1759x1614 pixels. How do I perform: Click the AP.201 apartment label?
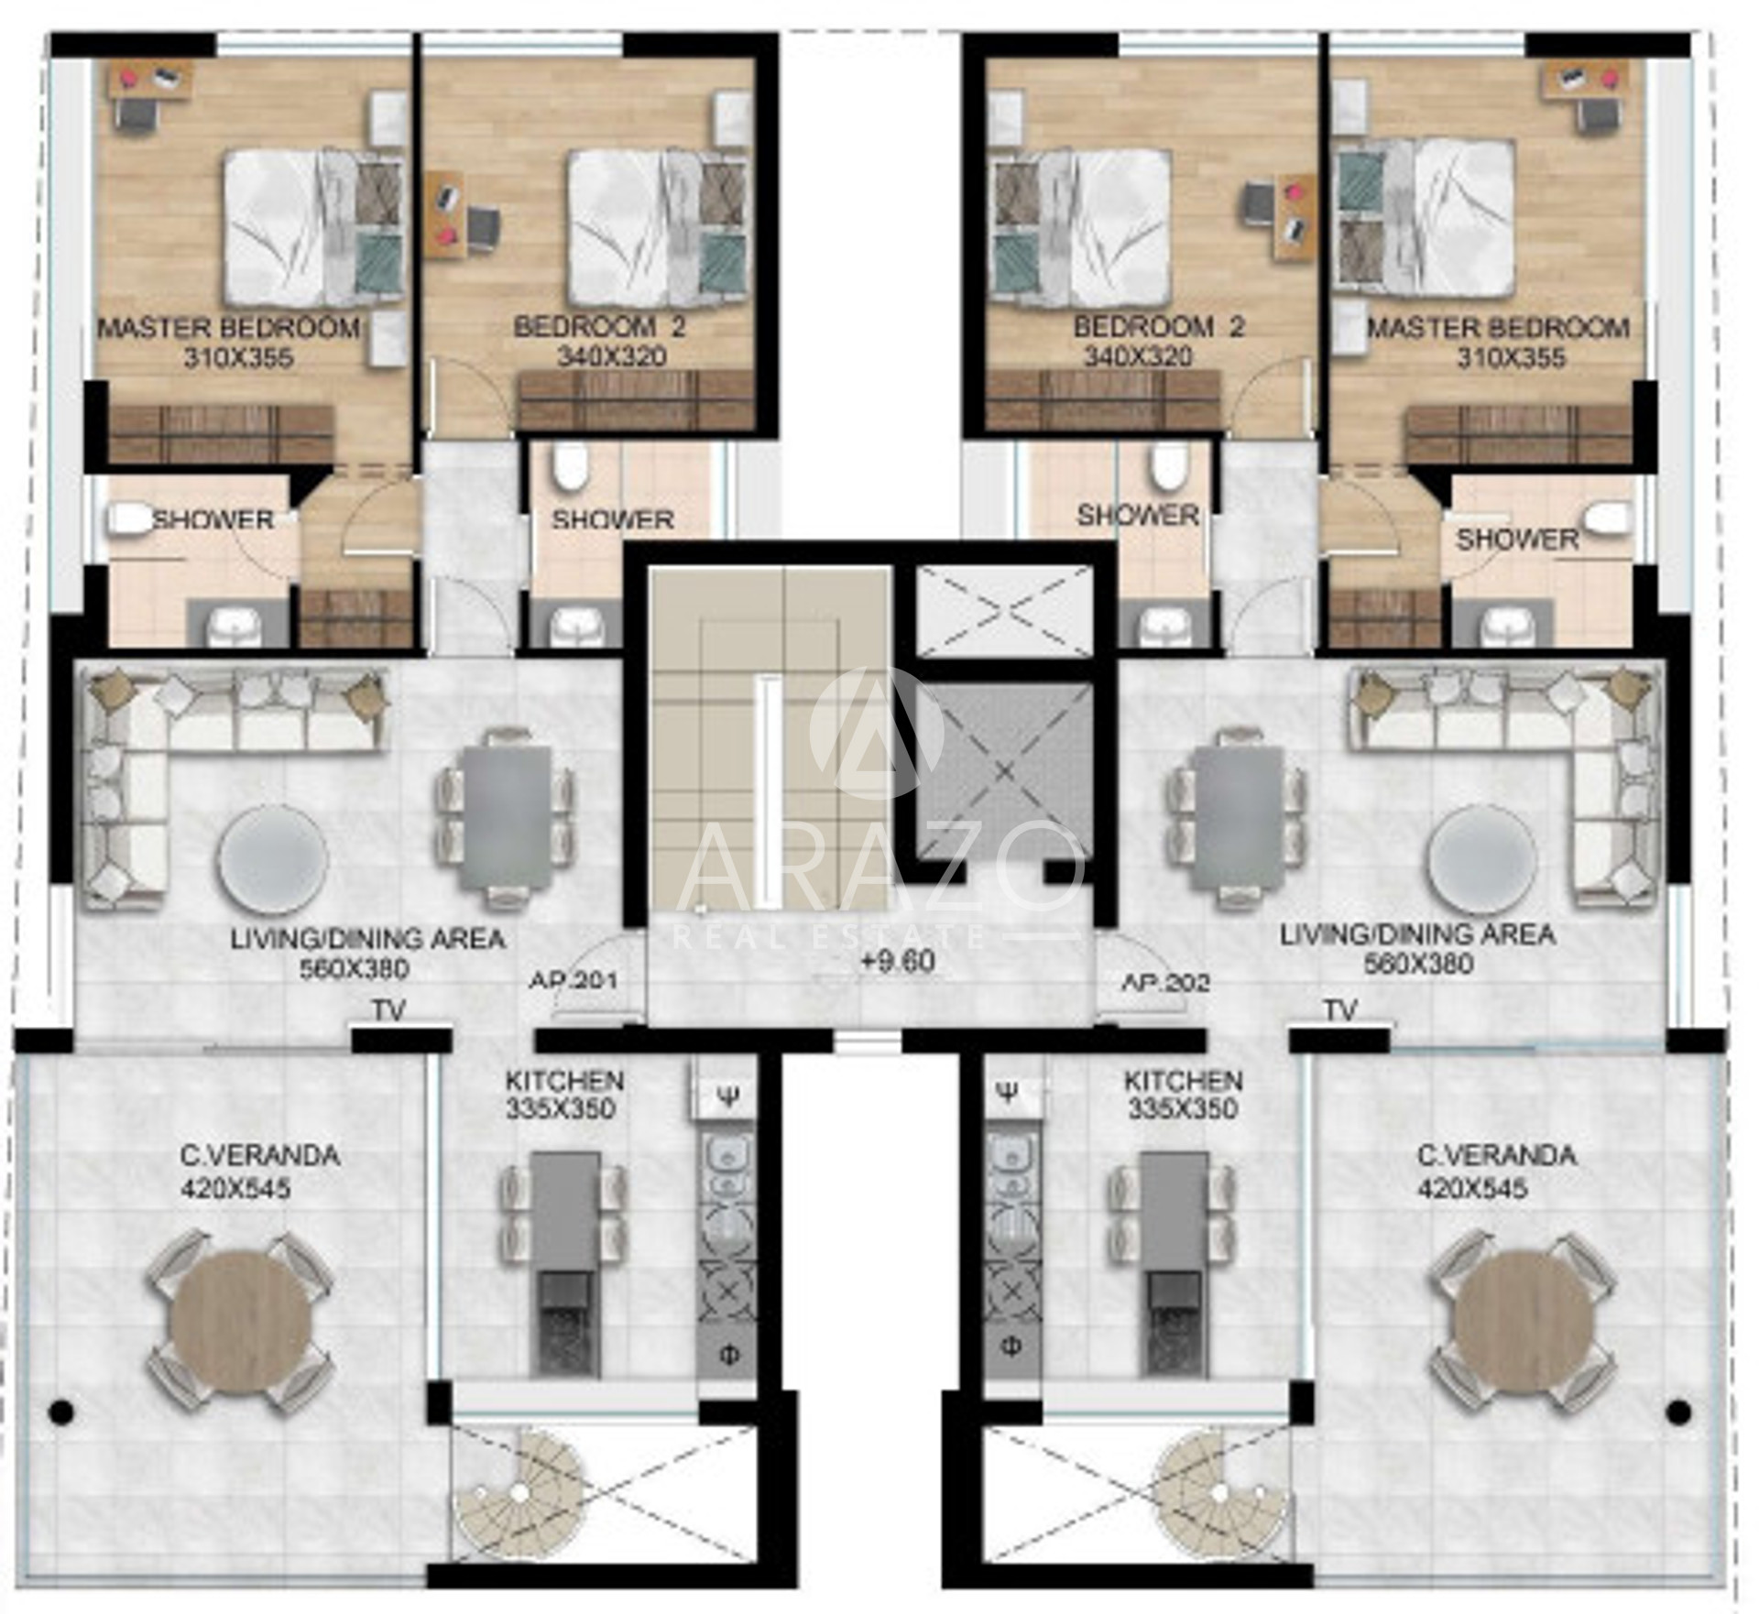(x=574, y=980)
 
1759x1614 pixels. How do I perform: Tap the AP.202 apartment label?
(x=1166, y=982)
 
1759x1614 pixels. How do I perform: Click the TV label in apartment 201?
(x=388, y=1010)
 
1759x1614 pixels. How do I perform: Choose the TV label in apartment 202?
(x=1340, y=1010)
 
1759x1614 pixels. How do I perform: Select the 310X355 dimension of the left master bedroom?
(x=238, y=358)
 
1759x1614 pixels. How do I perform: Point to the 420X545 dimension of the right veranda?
(x=1472, y=1188)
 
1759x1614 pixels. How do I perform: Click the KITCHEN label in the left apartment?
(x=564, y=1081)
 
